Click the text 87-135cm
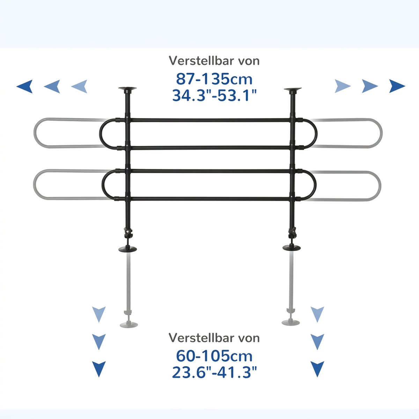point(214,79)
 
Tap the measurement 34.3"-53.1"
point(215,95)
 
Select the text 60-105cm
point(214,356)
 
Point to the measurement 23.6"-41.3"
point(215,372)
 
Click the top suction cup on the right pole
point(293,90)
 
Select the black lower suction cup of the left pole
point(128,249)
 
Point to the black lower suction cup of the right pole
point(292,248)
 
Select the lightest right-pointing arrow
point(343,86)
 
